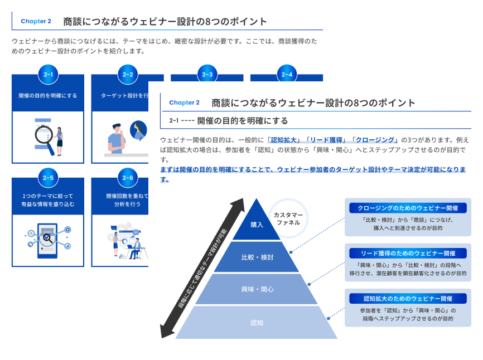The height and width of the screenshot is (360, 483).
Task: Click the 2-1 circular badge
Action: point(48,74)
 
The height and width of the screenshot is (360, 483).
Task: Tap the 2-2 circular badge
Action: point(128,74)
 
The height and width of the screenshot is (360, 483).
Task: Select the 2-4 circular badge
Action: point(287,74)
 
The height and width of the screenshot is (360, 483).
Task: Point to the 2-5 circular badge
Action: point(48,178)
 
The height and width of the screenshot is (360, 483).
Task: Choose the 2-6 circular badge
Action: point(128,178)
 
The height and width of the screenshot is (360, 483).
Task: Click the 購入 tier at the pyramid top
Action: point(257,225)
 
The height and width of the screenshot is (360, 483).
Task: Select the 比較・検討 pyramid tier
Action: point(257,257)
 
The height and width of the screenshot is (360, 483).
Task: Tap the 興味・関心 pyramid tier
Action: point(257,289)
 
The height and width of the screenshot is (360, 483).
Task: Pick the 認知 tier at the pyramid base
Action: point(257,322)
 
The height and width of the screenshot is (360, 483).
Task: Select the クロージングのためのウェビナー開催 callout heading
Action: point(408,208)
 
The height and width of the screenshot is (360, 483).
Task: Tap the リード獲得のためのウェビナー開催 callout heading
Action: point(408,253)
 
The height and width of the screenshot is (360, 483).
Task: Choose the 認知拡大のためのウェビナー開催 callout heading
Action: point(408,298)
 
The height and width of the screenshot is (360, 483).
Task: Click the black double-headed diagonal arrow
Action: point(202,268)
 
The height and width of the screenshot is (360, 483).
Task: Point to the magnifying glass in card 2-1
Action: point(45,137)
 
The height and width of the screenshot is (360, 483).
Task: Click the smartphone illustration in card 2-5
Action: point(48,240)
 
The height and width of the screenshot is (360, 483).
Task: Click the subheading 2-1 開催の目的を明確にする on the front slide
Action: point(229,121)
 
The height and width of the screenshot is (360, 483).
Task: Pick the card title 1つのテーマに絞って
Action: point(48,196)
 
